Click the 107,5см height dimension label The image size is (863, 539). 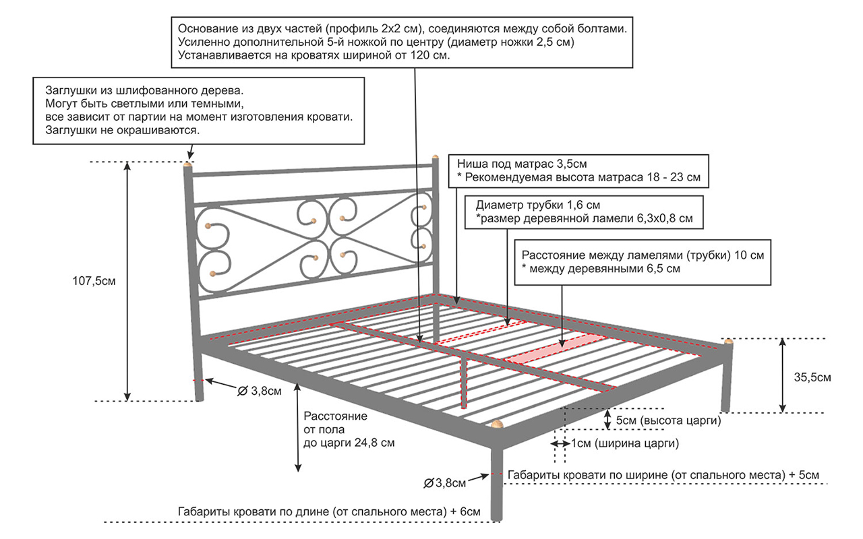pyautogui.click(x=94, y=282)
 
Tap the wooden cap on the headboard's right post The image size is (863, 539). pyautogui.click(x=436, y=158)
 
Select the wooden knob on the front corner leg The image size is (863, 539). pyautogui.click(x=497, y=424)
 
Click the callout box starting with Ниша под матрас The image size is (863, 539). pyautogui.click(x=579, y=171)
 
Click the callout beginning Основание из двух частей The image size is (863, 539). pyautogui.click(x=403, y=42)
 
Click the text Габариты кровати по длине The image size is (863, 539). pyautogui.click(x=329, y=511)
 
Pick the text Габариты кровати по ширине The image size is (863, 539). pyautogui.click(x=663, y=475)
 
